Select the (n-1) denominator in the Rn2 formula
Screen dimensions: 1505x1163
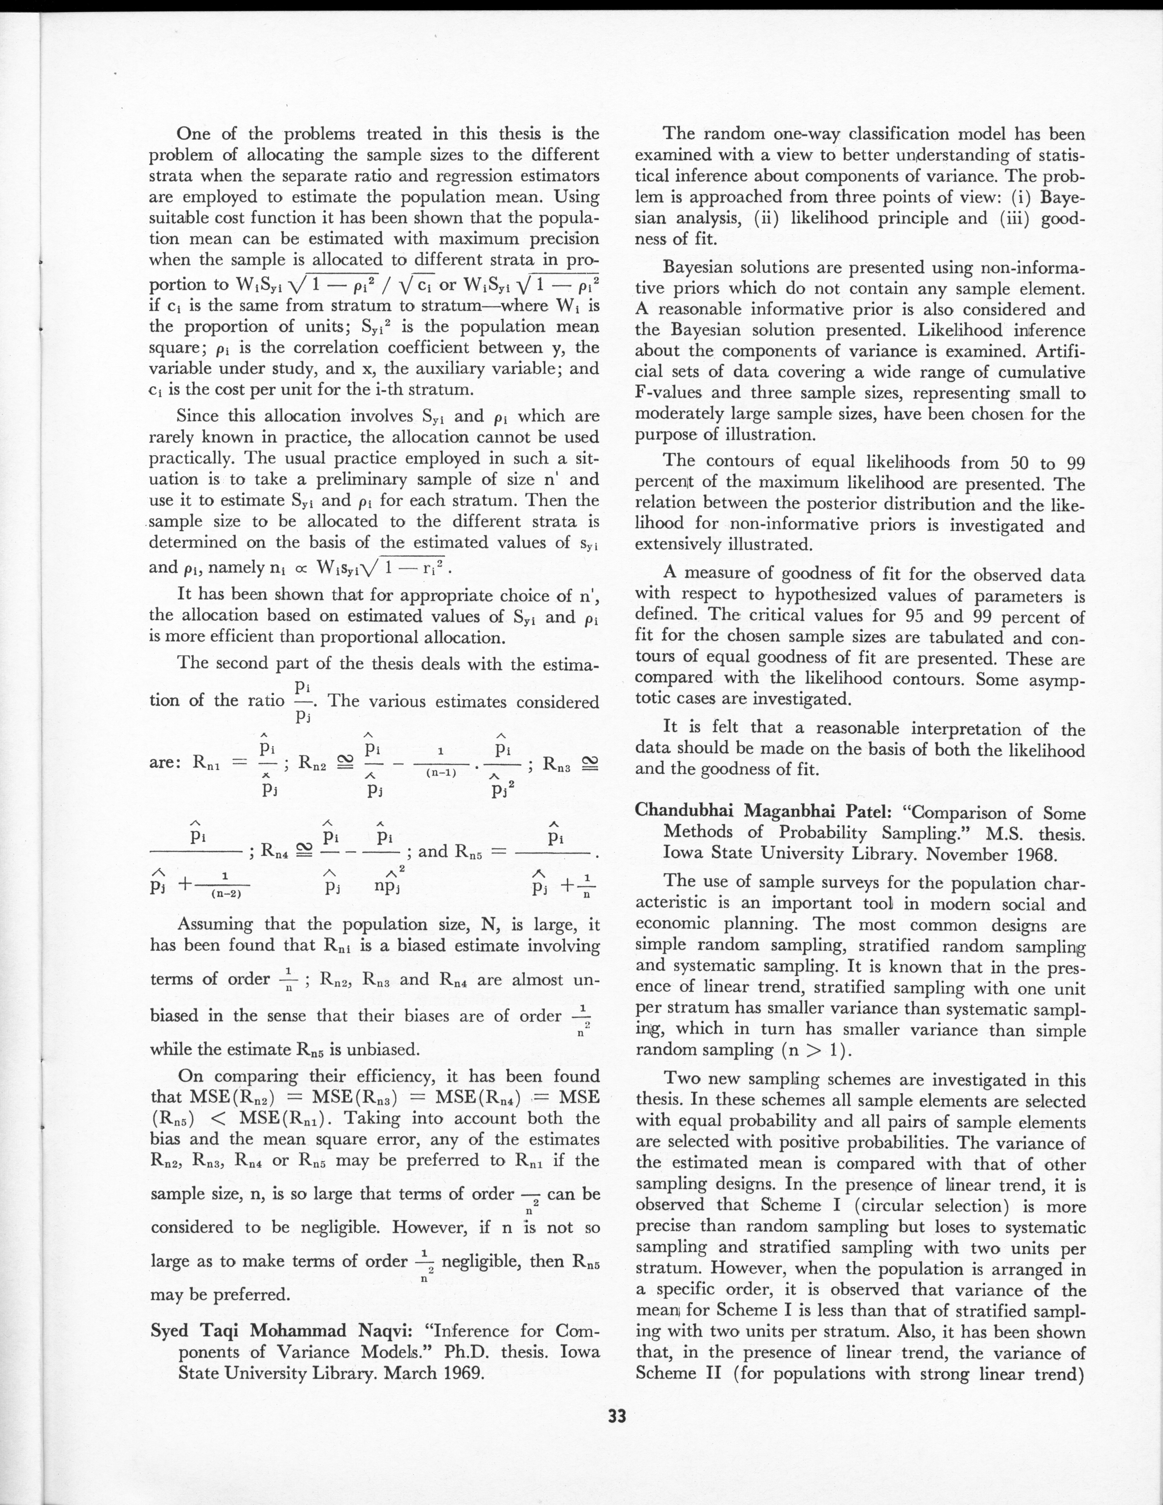441,773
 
